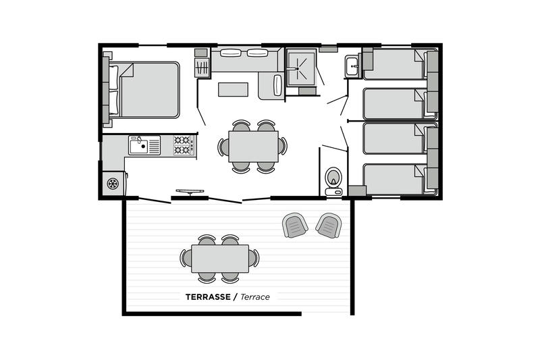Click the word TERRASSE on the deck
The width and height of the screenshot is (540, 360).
(x=208, y=297)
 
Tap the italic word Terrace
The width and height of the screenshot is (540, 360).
(x=255, y=297)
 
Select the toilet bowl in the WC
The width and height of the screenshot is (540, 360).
(x=333, y=178)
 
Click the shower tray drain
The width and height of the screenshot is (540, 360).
(x=297, y=68)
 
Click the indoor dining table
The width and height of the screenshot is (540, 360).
(x=254, y=147)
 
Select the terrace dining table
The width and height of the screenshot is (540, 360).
(x=220, y=259)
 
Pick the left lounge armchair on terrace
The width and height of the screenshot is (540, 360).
(x=295, y=226)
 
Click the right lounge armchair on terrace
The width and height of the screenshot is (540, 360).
(x=329, y=226)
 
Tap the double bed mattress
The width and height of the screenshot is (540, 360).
(x=148, y=90)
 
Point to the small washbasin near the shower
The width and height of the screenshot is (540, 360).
(x=352, y=66)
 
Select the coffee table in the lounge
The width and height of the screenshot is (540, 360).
(x=233, y=90)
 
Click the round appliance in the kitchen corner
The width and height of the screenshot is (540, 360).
(x=113, y=184)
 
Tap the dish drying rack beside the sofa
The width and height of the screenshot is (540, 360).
(x=202, y=68)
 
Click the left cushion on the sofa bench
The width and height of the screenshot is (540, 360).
(x=230, y=53)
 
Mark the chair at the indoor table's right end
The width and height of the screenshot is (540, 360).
(x=282, y=147)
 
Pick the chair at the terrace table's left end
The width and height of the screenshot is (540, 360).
(x=186, y=259)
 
